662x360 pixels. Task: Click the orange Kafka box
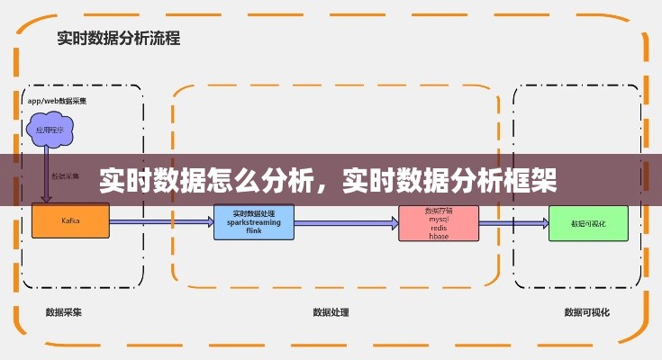(70, 220)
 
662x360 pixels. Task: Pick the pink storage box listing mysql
(438, 222)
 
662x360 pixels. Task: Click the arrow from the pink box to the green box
(512, 222)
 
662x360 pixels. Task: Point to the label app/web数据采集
(58, 101)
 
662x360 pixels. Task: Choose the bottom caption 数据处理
(331, 313)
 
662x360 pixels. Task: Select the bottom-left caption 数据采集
(64, 313)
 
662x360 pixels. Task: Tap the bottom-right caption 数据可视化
(586, 313)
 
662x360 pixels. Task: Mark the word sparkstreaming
(254, 221)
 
